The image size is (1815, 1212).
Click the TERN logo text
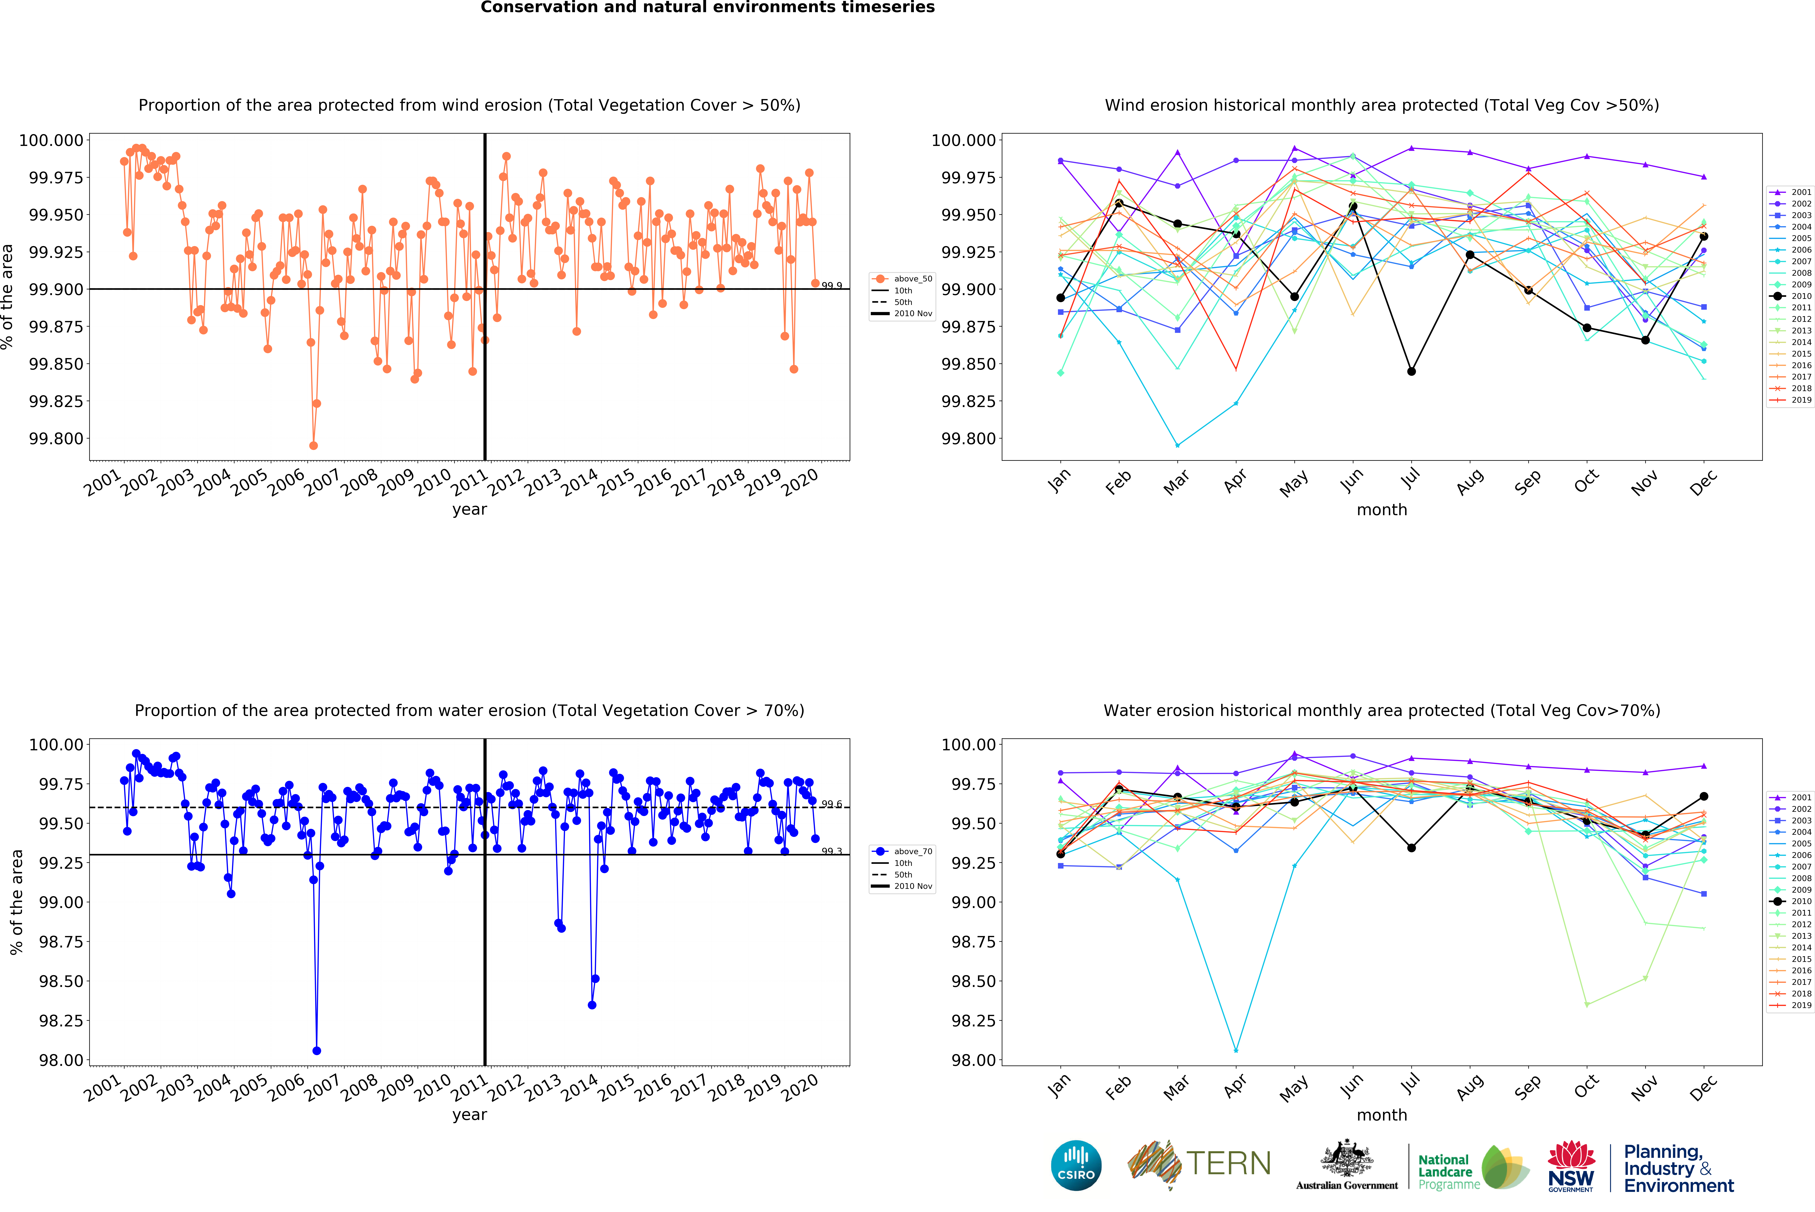[1228, 1163]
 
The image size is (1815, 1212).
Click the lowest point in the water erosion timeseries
[316, 1051]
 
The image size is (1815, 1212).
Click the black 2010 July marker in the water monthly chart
[1411, 848]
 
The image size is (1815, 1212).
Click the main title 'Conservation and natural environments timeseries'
[708, 8]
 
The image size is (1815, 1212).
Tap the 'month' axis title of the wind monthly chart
[1382, 510]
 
